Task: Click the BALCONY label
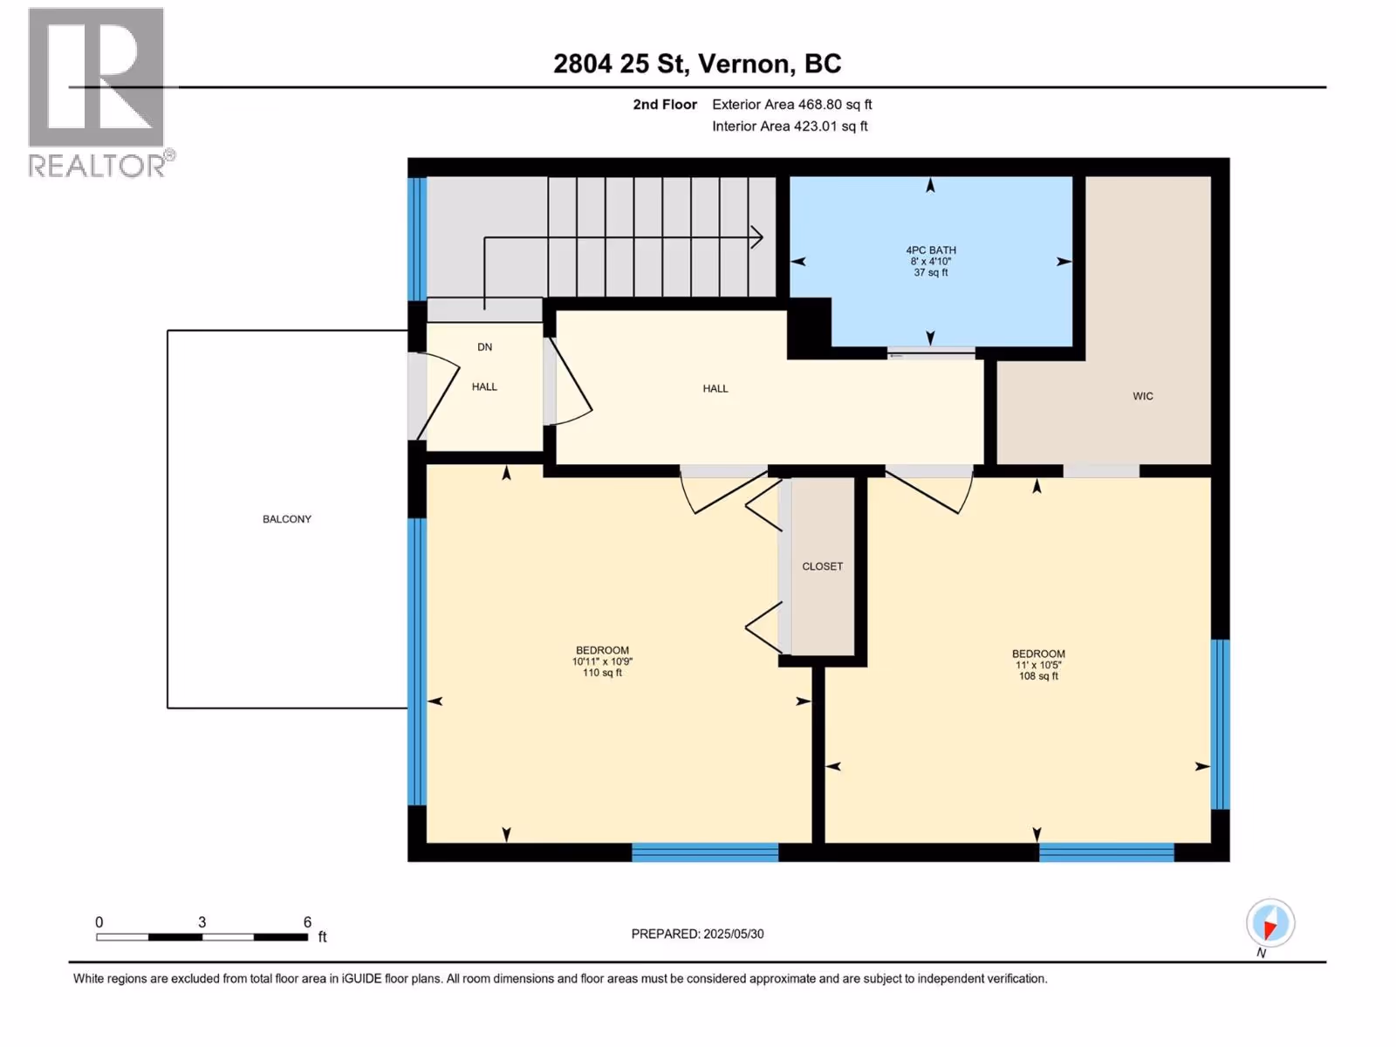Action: tap(287, 519)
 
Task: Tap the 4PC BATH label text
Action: tap(931, 250)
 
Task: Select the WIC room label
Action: tap(1143, 396)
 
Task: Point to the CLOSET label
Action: tap(823, 566)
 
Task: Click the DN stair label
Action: tap(484, 347)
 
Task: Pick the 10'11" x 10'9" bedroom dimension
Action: tap(602, 661)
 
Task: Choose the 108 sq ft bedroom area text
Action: tap(1038, 675)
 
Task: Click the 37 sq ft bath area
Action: tap(931, 272)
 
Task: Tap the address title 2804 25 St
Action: tap(620, 64)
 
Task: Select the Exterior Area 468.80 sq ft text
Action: tap(792, 104)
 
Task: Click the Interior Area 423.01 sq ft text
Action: tap(790, 126)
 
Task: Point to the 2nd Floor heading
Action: tap(665, 104)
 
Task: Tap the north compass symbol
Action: tap(1270, 923)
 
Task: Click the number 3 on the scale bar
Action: tap(202, 921)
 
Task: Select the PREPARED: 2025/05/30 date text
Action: tap(698, 934)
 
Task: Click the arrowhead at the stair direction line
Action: tap(756, 237)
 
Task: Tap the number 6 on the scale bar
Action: tap(307, 921)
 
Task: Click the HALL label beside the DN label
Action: tap(484, 387)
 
